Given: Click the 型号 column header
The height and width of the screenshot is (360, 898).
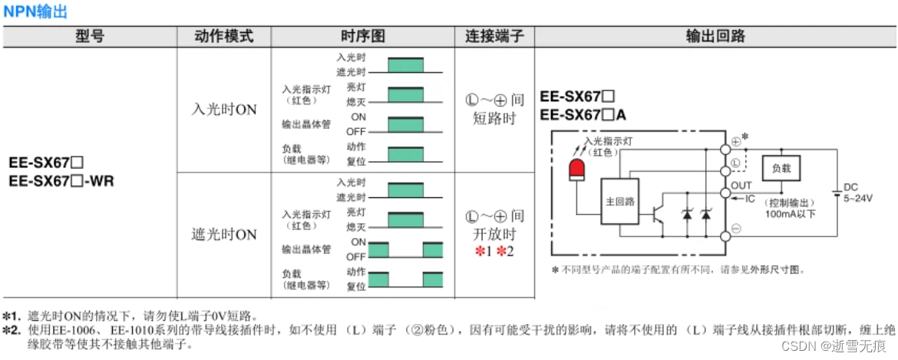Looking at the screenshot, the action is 90,36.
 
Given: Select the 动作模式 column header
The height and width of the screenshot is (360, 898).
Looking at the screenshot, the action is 223,36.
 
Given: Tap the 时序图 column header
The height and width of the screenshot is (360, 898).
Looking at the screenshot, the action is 362,36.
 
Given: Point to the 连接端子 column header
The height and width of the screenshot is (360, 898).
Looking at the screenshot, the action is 494,36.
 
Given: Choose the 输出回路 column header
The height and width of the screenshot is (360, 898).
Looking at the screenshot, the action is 715,36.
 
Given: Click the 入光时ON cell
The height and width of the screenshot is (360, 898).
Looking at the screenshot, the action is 223,110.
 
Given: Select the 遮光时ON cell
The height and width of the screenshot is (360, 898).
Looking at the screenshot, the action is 223,234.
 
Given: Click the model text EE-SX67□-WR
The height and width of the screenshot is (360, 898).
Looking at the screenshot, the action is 61,181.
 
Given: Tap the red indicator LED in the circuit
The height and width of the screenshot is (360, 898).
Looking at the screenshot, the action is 576,170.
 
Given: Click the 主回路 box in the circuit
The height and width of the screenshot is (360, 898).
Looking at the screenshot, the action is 619,201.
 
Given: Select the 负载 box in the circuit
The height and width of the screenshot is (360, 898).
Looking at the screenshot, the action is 781,167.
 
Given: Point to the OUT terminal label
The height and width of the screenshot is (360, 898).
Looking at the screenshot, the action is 741,186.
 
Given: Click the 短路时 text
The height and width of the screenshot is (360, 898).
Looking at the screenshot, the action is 495,118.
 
